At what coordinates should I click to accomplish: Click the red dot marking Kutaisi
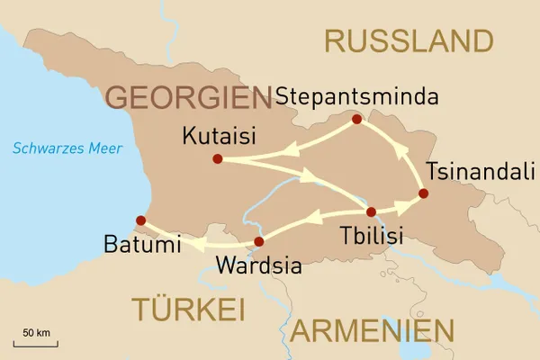tap(217, 159)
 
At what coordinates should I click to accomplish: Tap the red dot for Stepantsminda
tap(356, 119)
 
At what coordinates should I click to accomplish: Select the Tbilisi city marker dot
tap(371, 212)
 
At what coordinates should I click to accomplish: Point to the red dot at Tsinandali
tap(423, 193)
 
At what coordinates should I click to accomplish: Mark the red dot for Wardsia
tap(259, 241)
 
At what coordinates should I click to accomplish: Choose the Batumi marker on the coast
tap(139, 220)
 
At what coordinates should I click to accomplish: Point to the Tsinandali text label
tap(472, 171)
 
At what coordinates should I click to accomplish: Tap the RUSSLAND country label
tap(409, 40)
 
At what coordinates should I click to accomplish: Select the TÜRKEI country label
tap(188, 309)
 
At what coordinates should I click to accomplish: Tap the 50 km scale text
tap(36, 332)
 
